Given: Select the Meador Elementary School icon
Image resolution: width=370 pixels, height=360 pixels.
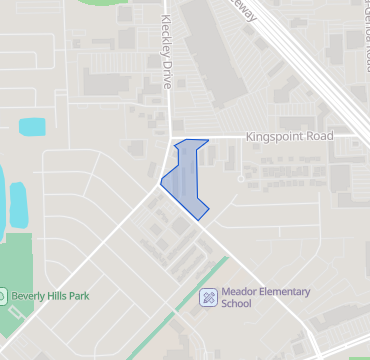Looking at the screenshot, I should (208, 297).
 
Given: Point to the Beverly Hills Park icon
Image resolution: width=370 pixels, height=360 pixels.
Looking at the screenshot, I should (3, 297).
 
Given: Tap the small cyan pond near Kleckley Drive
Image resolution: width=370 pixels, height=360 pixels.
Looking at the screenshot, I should (32, 127).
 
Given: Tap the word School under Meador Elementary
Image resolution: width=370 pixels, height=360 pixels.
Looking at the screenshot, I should (237, 304).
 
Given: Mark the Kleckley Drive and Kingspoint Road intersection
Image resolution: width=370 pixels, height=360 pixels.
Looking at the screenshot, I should (170, 139).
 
